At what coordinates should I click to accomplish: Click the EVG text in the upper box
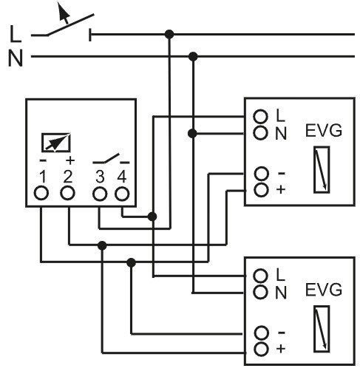pos(324,131)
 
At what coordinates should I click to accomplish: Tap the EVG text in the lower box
pos(324,290)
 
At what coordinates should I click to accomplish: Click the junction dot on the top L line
pos(169,34)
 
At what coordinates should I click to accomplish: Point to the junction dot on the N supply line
pos(193,57)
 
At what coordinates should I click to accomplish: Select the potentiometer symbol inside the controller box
pos(56,143)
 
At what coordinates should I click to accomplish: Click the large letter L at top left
pos(16,34)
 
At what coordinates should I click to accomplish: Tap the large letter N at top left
pos(16,58)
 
